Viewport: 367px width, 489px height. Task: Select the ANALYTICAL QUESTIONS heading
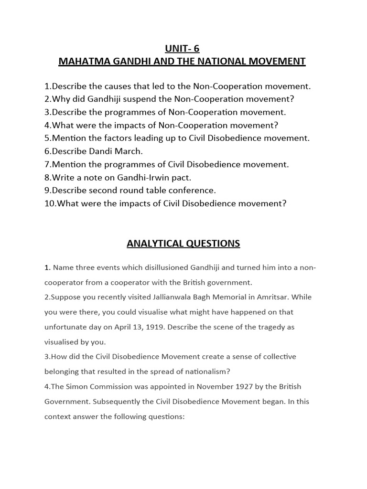click(183, 244)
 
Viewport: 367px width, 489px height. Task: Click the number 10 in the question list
click(49, 203)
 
